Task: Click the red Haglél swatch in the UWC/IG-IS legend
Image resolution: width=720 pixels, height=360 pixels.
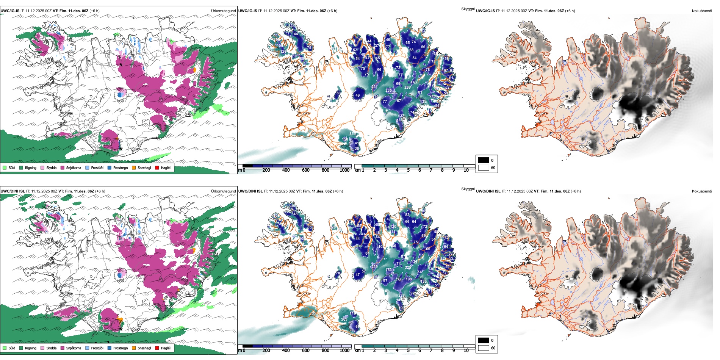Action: tap(157, 167)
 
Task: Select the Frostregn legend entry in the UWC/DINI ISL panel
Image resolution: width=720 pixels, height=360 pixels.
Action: tap(120, 348)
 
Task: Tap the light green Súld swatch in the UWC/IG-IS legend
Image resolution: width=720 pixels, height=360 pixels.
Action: tap(5, 167)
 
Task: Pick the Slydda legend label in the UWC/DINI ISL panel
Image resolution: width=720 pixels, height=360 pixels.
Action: tap(51, 348)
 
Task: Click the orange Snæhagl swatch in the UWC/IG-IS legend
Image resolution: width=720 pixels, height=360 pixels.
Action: tap(134, 167)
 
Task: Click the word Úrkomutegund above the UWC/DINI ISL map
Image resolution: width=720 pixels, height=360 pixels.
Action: tap(223, 191)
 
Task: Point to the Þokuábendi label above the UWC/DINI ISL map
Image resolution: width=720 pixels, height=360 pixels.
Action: tap(702, 191)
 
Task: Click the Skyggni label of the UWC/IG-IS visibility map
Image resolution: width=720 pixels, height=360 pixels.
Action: tap(468, 9)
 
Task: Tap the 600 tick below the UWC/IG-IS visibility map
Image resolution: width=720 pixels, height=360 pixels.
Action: tap(305, 170)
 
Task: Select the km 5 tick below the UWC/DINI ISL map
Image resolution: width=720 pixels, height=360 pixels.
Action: tap(408, 351)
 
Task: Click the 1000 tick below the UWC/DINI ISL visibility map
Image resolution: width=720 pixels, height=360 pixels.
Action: tap(344, 351)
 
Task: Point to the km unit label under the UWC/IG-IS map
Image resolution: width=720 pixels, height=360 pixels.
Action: tap(357, 170)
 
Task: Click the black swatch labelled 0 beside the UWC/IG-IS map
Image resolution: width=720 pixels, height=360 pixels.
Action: tap(484, 160)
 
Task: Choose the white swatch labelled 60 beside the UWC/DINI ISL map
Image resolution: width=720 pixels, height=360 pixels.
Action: tap(484, 348)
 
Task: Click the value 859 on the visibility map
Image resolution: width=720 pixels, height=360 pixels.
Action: tap(352, 134)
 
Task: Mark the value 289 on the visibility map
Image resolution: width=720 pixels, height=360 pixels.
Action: tap(407, 88)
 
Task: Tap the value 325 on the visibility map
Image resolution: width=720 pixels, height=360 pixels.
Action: tap(408, 268)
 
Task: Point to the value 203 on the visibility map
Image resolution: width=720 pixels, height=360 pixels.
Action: tap(344, 319)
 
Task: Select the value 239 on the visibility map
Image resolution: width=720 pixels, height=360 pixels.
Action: tap(374, 267)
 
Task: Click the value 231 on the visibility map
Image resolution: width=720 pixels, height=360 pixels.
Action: tap(374, 87)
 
